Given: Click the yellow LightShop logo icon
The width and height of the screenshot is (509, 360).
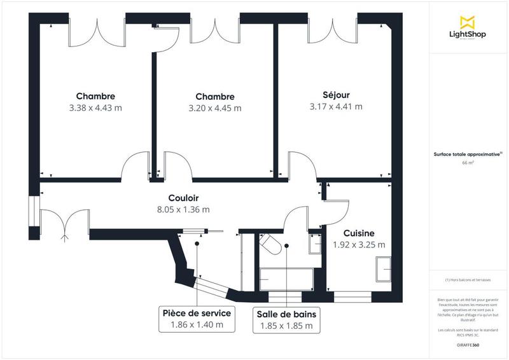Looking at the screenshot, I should tap(468, 22).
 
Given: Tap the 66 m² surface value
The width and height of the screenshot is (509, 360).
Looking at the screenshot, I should tap(468, 163).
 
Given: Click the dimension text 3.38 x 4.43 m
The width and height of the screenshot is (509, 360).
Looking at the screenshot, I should tap(95, 107).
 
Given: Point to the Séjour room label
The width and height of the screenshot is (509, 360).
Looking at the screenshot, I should tap(336, 95).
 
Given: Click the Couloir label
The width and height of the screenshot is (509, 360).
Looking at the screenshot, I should tap(184, 198).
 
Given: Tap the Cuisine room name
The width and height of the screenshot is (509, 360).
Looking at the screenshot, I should tap(359, 233).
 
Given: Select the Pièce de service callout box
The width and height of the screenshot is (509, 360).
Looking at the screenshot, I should tap(197, 319).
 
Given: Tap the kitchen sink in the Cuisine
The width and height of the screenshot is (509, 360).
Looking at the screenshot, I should tap(384, 268).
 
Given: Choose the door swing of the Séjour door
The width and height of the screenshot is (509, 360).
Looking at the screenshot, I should tap(303, 163).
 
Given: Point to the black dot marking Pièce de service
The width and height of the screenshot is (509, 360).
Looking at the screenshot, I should tap(197, 243).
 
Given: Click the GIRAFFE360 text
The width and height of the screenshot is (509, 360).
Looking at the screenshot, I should tap(468, 345).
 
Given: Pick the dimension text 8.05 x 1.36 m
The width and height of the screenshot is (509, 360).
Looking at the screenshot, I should tap(184, 209).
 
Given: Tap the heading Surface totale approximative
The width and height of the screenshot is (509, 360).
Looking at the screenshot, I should tap(468, 154).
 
